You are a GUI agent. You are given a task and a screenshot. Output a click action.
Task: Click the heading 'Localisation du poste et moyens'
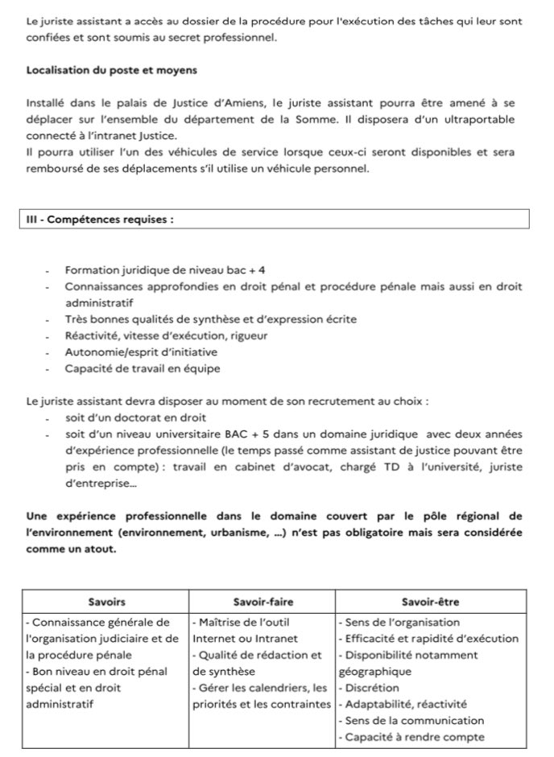(111, 70)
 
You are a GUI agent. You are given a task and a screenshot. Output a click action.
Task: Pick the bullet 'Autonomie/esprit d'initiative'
(141, 352)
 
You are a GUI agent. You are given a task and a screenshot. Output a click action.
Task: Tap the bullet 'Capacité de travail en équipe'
(143, 368)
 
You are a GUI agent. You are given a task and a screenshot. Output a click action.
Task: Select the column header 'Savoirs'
(105, 602)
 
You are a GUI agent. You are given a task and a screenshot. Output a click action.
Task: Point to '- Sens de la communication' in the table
(411, 721)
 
